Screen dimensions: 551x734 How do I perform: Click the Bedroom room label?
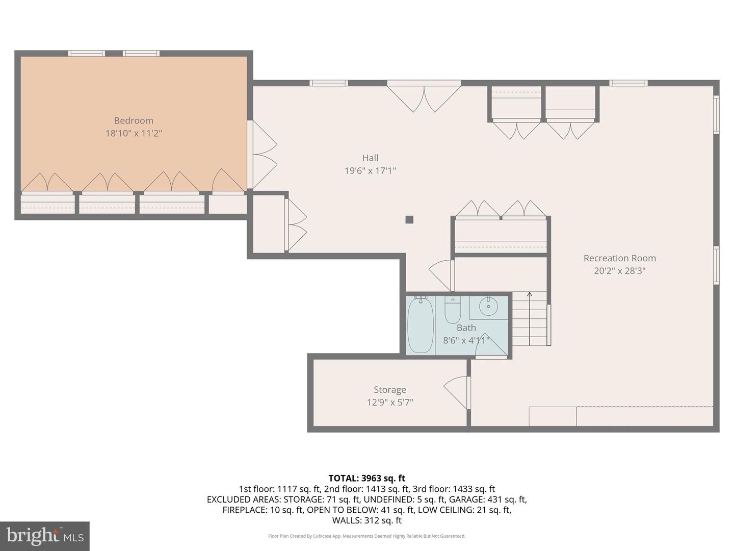tap(134, 120)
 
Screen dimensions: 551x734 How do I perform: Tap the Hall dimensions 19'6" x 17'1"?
tap(370, 171)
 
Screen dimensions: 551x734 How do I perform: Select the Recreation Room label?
tap(619, 258)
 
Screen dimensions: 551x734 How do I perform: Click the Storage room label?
tap(390, 390)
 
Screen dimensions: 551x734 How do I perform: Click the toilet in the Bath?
tap(453, 310)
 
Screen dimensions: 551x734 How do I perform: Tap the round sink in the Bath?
tap(488, 306)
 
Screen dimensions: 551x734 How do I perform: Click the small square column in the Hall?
tap(409, 220)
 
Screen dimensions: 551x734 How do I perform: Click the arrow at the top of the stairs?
tap(530, 295)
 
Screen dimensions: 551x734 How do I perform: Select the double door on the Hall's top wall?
tap(424, 97)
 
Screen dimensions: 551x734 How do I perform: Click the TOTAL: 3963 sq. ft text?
tap(366, 478)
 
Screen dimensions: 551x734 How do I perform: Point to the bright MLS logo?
tap(45, 536)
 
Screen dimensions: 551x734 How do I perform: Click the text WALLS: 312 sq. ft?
tap(366, 520)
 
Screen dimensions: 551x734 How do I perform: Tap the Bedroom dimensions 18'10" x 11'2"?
tap(134, 134)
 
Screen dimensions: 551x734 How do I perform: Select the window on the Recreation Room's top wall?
tap(628, 83)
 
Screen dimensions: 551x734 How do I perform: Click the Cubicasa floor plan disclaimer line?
tap(366, 536)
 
